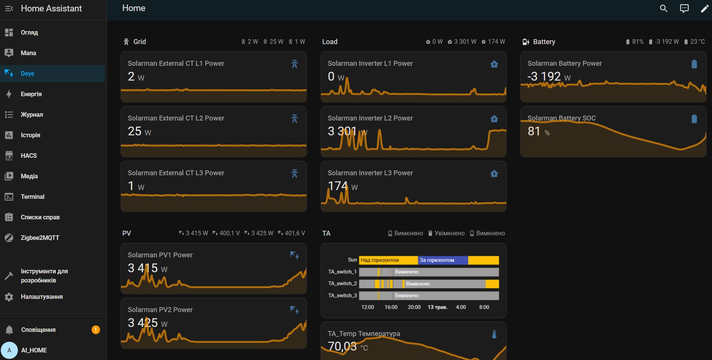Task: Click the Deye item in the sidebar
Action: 27,73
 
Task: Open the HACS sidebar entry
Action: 29,155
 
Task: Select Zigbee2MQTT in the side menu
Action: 40,238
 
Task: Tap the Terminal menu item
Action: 32,197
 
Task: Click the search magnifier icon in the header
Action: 663,8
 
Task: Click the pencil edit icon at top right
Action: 704,8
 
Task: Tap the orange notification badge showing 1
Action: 96,330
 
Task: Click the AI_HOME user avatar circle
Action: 10,350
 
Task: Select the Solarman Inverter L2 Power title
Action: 370,118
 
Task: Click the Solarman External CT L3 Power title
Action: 176,173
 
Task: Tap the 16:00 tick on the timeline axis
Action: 391,307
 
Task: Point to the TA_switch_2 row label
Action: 342,284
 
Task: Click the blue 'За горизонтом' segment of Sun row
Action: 443,260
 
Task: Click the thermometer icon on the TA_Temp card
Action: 494,335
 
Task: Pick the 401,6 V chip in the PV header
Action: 292,233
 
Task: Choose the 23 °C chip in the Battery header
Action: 695,42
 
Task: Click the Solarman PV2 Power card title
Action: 160,310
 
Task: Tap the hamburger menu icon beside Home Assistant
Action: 9,8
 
